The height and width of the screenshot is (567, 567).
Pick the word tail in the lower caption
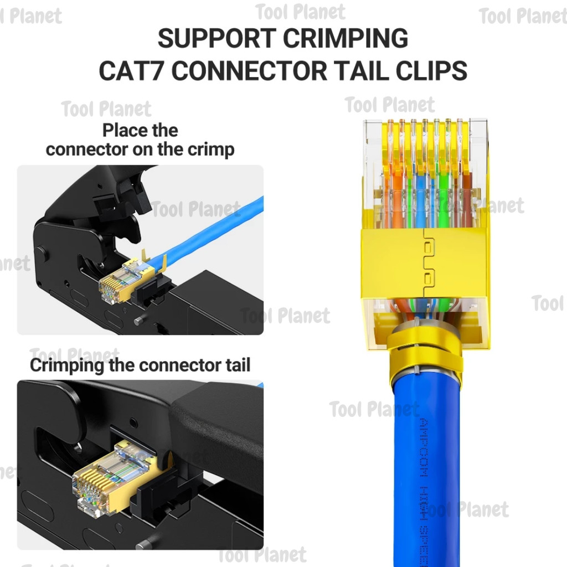[x=235, y=365]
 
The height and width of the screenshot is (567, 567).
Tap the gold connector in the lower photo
[x=102, y=476]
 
